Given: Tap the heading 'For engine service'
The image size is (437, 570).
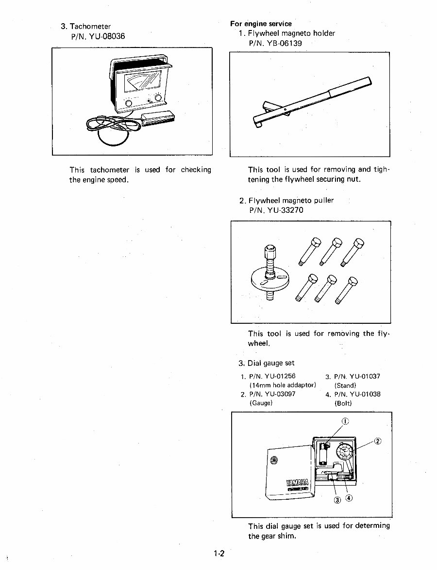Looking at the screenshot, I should (x=261, y=23).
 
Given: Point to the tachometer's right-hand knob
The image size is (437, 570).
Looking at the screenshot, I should (x=158, y=98).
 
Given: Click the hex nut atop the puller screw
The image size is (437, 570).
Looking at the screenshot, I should (x=270, y=252).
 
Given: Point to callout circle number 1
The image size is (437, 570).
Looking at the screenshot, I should (x=345, y=421).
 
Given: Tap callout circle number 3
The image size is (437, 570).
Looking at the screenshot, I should (x=337, y=500).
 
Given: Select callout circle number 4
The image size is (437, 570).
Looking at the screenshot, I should (x=349, y=498).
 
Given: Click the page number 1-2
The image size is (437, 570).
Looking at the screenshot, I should (x=218, y=553).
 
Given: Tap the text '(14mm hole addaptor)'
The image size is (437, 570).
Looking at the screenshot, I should (x=283, y=385).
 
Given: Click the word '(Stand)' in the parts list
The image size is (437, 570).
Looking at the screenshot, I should (x=345, y=385).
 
